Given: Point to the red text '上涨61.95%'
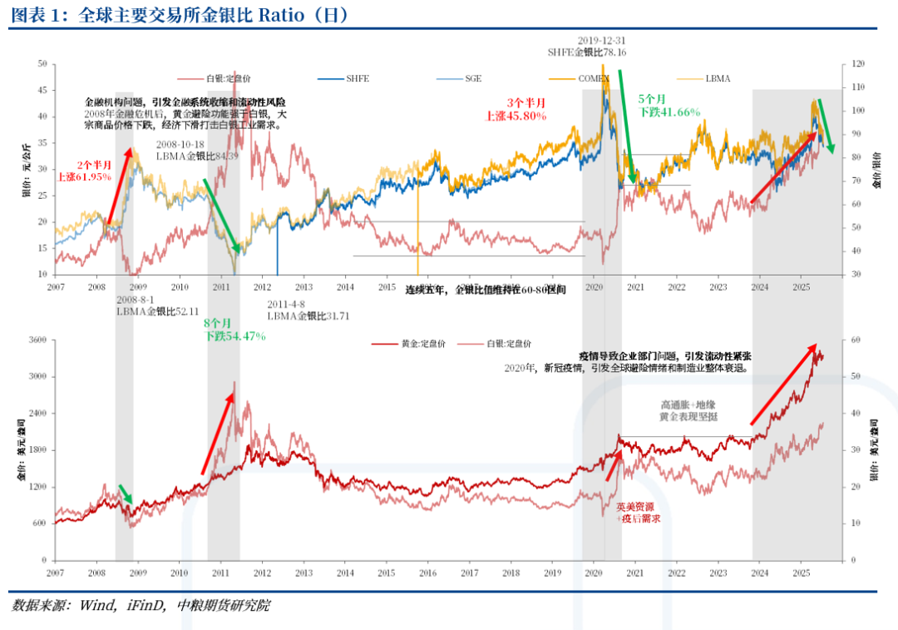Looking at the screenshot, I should pyautogui.click(x=84, y=177).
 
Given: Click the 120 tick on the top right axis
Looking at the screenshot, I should pyautogui.click(x=856, y=63).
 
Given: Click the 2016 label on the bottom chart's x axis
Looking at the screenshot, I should pyautogui.click(x=428, y=573).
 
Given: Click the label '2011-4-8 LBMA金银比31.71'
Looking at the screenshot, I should pyautogui.click(x=308, y=310).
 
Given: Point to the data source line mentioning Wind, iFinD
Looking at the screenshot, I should pyautogui.click(x=141, y=606).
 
